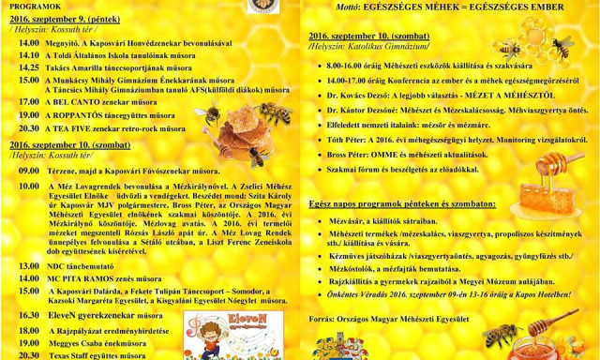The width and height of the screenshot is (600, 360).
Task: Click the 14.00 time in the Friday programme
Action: click(x=28, y=43)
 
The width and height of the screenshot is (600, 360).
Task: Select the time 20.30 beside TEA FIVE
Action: click(x=28, y=128)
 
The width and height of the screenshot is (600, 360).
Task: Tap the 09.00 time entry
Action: click(x=28, y=172)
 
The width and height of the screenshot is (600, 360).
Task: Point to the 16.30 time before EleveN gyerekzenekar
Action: click(x=28, y=316)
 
